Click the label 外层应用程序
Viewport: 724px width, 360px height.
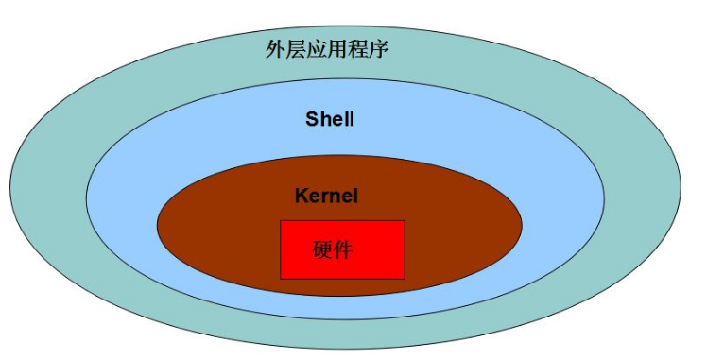point(327,49)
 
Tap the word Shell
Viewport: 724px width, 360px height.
point(330,119)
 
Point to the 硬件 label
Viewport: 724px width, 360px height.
point(333,250)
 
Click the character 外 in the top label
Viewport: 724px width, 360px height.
point(275,49)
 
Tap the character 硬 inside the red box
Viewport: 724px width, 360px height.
point(322,250)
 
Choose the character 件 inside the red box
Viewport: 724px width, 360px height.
point(343,250)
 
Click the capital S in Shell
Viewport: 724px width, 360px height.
point(311,119)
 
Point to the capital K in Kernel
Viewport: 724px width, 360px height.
point(302,197)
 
